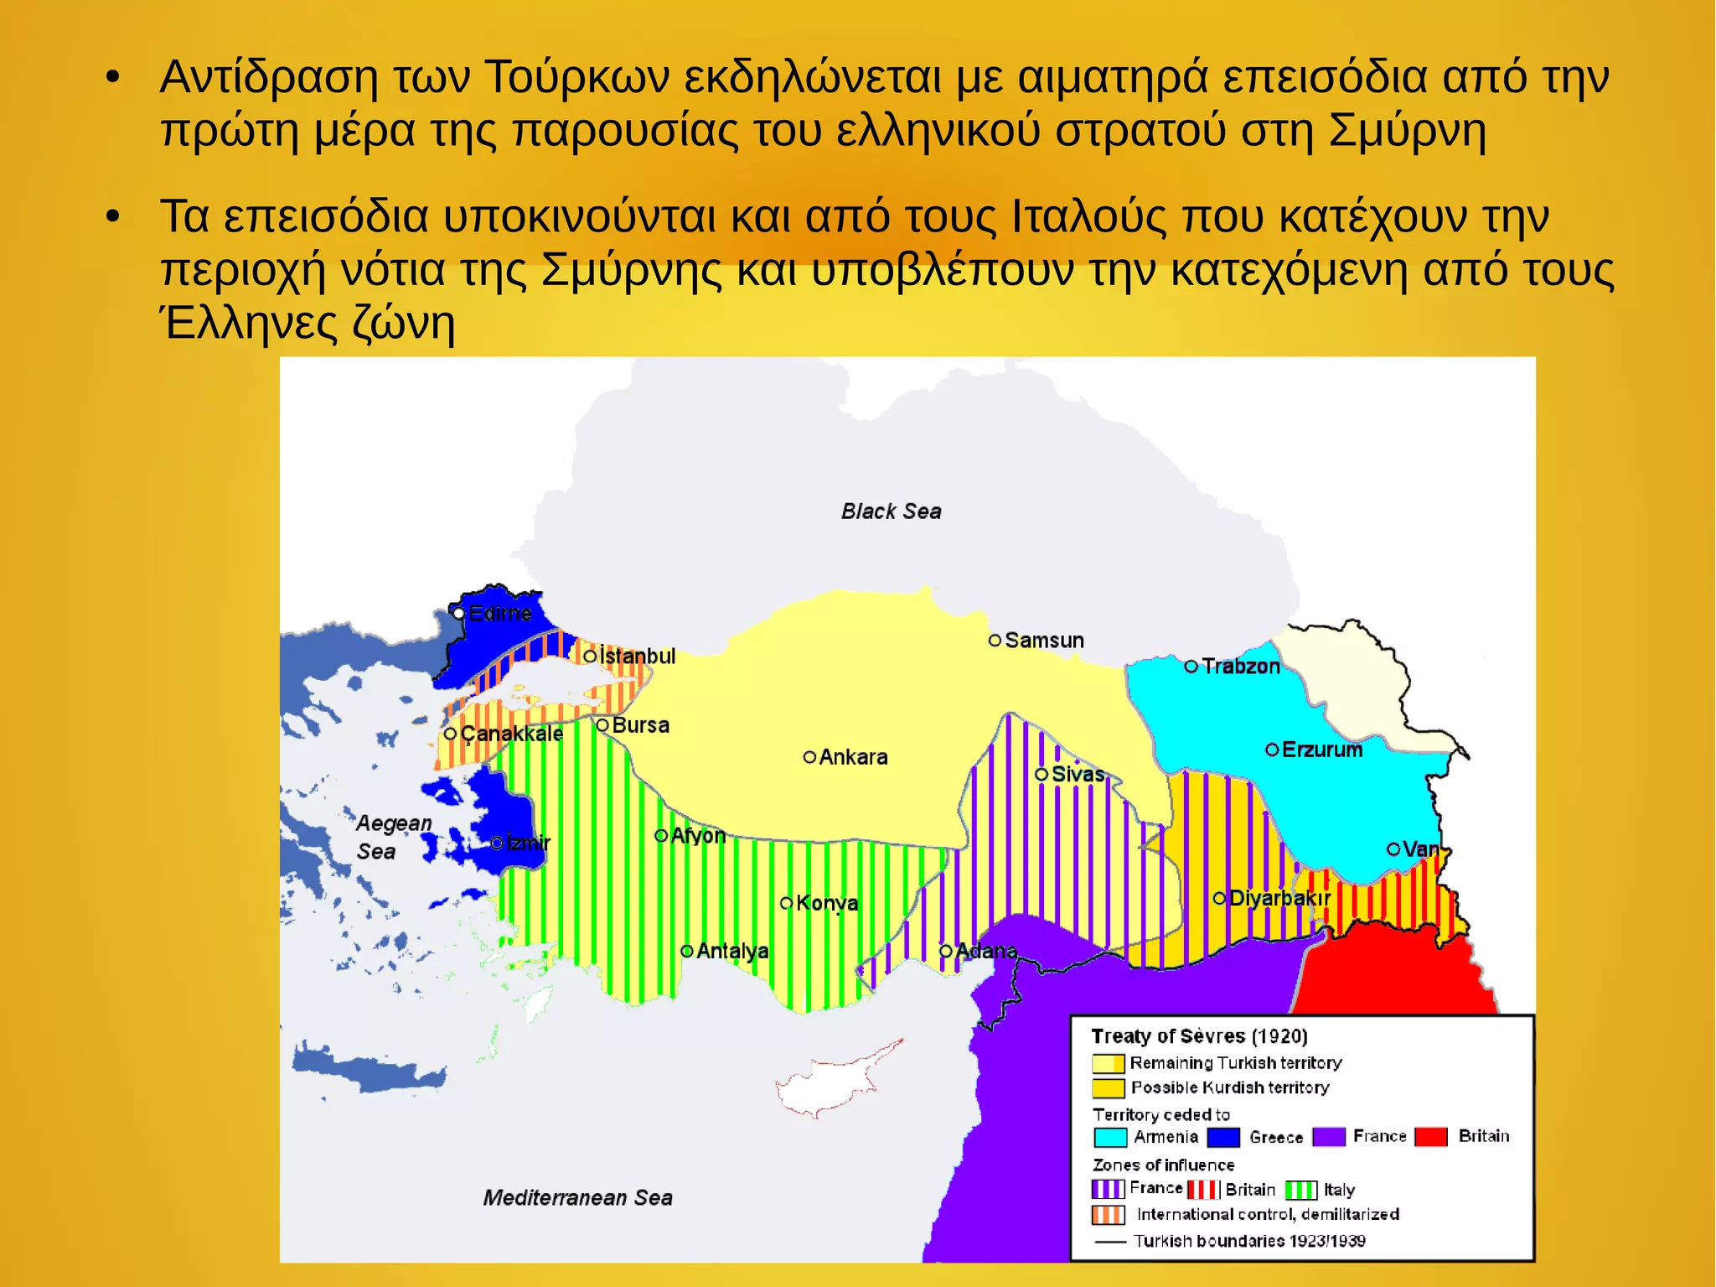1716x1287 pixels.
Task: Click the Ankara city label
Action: [852, 757]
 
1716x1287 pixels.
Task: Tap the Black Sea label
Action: [891, 511]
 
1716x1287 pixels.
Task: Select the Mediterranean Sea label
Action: [577, 1197]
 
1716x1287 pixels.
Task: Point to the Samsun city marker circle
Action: [995, 641]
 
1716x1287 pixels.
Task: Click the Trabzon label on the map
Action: [1240, 667]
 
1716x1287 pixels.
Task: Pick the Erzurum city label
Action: [1321, 750]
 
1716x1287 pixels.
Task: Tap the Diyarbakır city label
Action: [1279, 899]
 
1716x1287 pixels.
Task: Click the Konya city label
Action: [826, 903]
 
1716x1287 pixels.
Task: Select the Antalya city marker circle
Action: [687, 951]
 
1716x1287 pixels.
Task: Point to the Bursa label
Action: [640, 725]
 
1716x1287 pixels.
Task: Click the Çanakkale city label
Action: [511, 734]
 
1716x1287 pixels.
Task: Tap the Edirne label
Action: [499, 614]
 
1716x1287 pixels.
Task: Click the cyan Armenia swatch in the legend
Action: [1110, 1138]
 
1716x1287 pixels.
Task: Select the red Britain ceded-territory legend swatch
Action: [1431, 1137]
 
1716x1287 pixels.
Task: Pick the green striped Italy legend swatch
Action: [1300, 1190]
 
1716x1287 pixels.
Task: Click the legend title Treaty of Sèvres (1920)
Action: [1199, 1036]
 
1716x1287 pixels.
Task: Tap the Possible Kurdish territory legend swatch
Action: [1109, 1088]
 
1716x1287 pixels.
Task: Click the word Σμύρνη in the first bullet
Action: [1408, 131]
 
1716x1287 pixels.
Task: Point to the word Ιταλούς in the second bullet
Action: [1088, 216]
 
